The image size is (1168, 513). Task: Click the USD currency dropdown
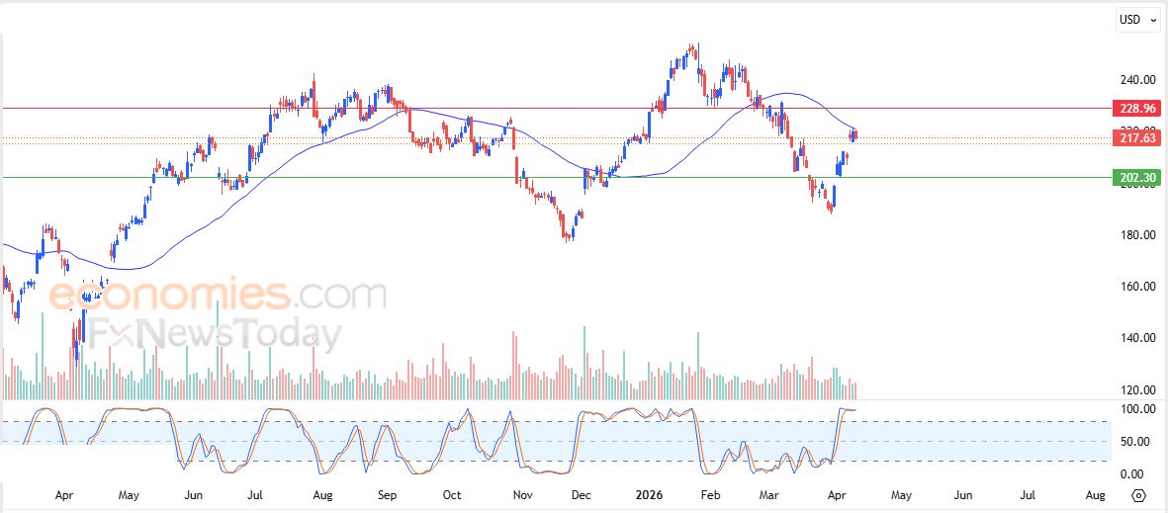[1136, 19]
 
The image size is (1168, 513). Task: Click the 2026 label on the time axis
[650, 494]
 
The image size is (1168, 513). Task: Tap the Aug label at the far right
[1095, 494]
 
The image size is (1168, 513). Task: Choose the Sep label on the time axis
[387, 494]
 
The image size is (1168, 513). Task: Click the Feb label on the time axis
[709, 494]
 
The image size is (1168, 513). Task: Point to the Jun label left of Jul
[194, 494]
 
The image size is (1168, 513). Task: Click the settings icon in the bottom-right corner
[1138, 495]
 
